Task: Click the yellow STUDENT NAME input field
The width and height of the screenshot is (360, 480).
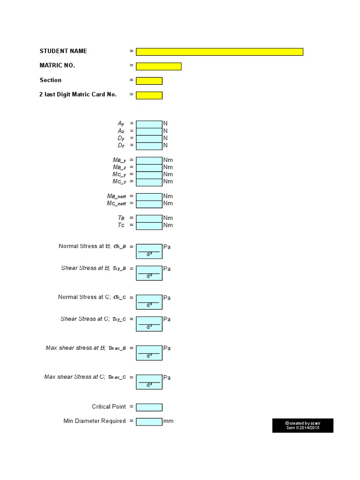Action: (219, 52)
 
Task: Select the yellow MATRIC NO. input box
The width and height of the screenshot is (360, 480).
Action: (158, 66)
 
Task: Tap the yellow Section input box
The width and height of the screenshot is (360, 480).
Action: (149, 81)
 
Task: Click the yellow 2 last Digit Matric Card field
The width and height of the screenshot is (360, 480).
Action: (149, 95)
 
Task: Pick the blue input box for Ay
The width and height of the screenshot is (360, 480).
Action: (149, 123)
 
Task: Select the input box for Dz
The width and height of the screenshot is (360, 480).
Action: (149, 146)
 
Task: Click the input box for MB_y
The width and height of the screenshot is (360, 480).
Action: (149, 160)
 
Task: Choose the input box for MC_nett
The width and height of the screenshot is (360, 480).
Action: (149, 204)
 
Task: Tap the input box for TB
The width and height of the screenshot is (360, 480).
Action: (149, 218)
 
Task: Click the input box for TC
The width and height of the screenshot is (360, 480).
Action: (149, 225)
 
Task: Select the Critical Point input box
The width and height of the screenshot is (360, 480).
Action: (149, 407)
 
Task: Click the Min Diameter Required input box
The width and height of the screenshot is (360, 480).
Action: (149, 421)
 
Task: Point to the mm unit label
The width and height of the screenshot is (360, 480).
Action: (168, 421)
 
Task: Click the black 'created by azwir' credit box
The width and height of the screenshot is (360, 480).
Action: (303, 426)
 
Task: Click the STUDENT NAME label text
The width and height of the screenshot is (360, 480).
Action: (63, 51)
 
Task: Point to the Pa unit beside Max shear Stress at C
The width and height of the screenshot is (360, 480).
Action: (167, 377)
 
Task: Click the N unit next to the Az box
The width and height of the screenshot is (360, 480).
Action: (165, 131)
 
